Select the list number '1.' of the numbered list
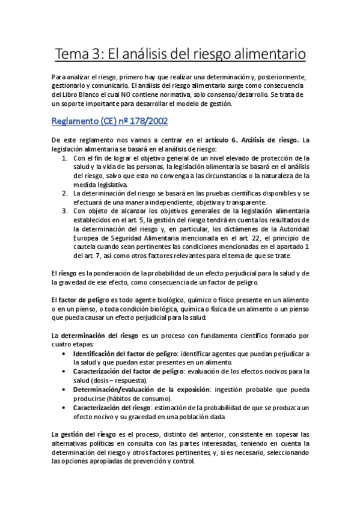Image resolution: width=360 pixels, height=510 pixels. pyautogui.click(x=66, y=158)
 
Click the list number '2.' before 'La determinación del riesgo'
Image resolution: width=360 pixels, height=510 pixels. pyautogui.click(x=66, y=194)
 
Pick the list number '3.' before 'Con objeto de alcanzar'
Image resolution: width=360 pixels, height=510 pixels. pyautogui.click(x=66, y=211)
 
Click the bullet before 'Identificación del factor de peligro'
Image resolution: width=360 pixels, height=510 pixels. pyautogui.click(x=64, y=354)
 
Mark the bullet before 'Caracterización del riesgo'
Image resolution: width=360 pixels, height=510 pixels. pyautogui.click(x=64, y=408)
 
